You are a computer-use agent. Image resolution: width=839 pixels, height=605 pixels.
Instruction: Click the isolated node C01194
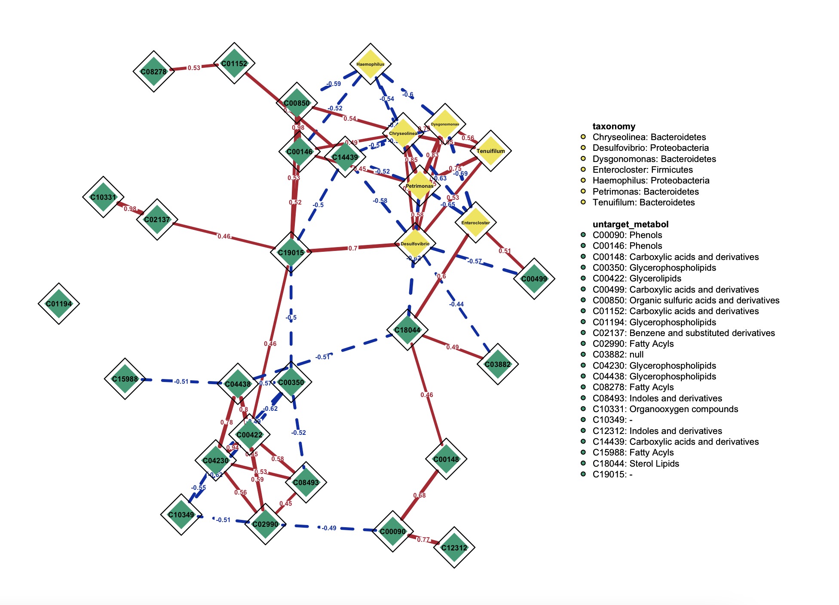(x=59, y=304)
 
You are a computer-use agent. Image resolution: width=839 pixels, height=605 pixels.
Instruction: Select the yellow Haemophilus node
(x=370, y=64)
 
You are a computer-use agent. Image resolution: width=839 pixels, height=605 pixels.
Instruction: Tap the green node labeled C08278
(x=153, y=71)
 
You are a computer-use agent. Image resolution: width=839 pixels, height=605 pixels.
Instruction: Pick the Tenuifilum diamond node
(x=490, y=151)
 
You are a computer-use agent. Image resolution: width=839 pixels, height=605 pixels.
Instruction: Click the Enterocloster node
(x=475, y=223)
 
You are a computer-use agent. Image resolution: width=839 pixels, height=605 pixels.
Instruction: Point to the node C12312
(x=454, y=547)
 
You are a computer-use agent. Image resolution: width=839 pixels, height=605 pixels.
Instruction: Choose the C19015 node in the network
(x=291, y=252)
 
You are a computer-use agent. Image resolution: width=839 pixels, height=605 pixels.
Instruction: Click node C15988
(x=125, y=379)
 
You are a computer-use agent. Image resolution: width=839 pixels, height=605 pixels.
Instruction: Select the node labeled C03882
(x=498, y=364)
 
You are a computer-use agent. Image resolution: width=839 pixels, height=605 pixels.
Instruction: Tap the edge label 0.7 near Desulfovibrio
(x=352, y=248)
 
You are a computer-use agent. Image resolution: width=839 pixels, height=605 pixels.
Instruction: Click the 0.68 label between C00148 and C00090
(x=419, y=495)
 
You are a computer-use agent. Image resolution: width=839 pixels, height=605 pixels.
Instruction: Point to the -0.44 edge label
(x=456, y=304)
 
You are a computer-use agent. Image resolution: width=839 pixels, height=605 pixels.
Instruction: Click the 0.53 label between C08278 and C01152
(x=194, y=68)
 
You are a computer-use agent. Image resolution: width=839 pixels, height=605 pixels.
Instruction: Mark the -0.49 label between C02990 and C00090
(x=329, y=528)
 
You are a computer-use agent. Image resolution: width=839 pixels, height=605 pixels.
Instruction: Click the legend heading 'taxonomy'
(x=614, y=126)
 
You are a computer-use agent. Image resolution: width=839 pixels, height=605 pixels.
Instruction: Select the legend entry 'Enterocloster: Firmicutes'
(x=643, y=170)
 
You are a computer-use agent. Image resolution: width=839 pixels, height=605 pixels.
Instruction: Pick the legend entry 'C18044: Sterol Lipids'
(x=636, y=464)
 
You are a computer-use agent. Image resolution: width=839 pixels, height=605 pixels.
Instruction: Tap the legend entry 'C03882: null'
(x=618, y=354)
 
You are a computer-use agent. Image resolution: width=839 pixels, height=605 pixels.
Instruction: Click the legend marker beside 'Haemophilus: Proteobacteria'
(x=583, y=180)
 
